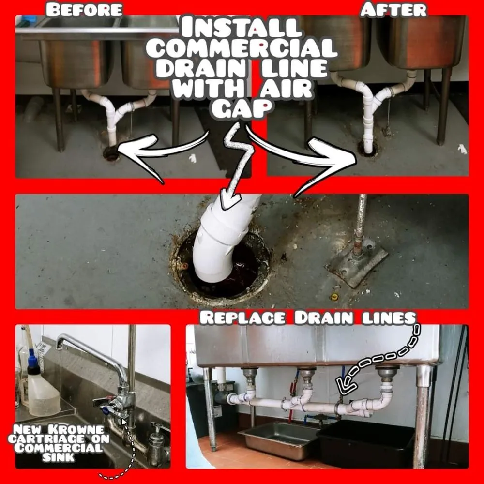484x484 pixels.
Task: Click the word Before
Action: [84, 9]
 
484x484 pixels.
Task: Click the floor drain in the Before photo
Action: [111, 153]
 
